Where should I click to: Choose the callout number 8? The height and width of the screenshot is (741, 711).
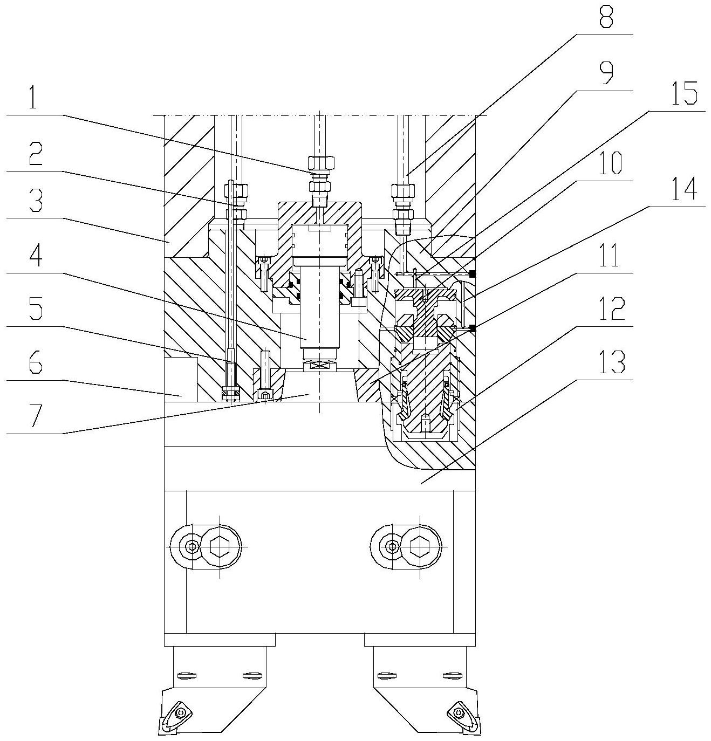[x=606, y=15]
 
